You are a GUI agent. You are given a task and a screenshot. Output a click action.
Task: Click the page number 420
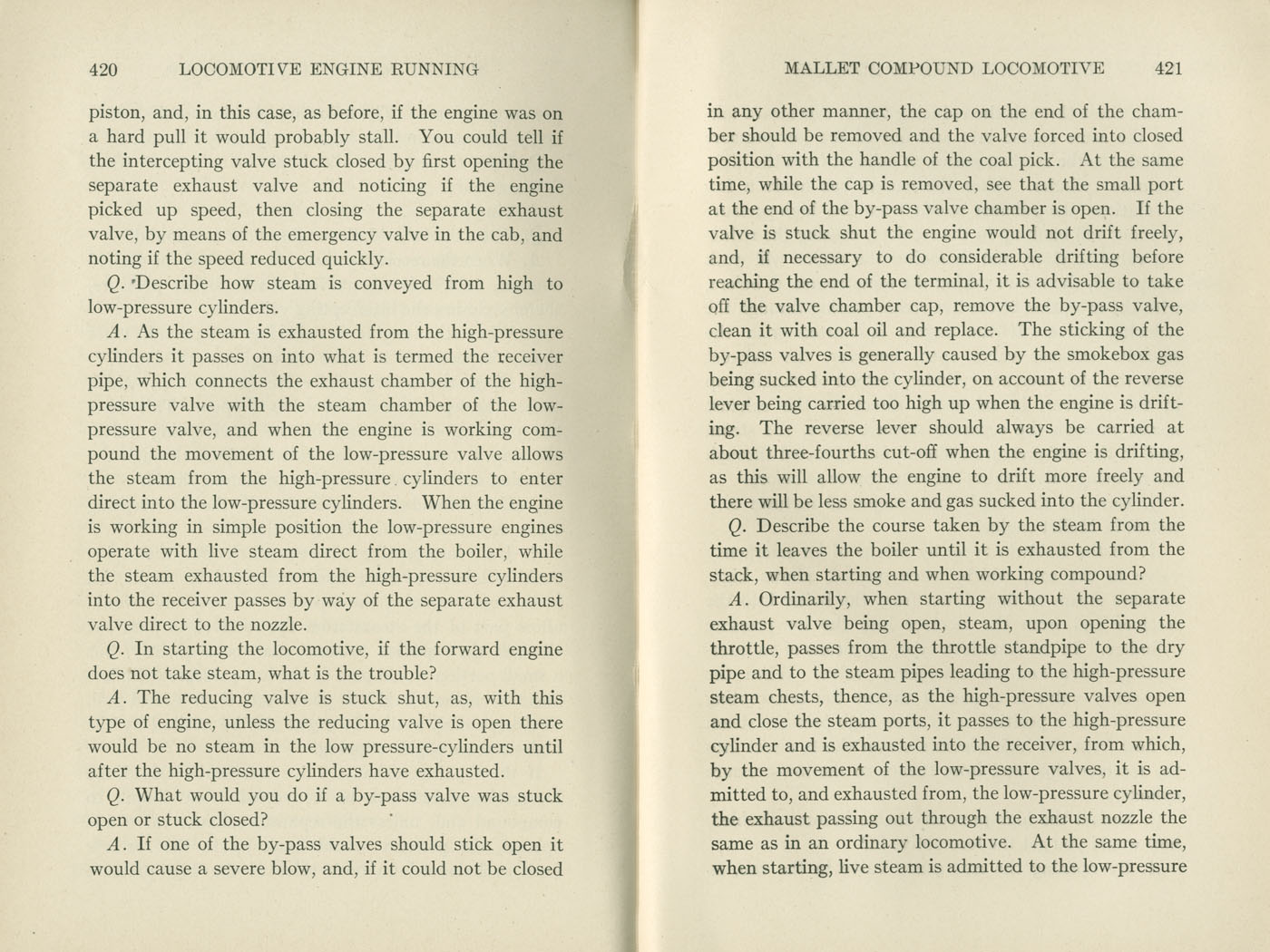[103, 69]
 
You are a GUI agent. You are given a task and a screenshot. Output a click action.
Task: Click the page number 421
[1168, 68]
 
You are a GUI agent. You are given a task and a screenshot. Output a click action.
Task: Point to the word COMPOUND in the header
[922, 68]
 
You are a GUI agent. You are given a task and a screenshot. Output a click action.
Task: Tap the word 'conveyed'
[392, 284]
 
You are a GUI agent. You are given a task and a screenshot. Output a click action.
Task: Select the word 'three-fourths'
[822, 452]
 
